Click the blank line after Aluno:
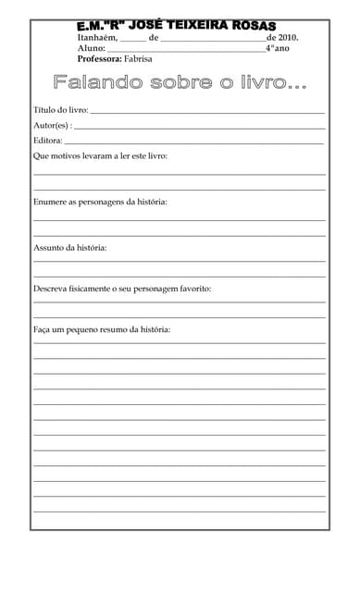pos(186,50)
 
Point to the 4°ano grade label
pos(277,48)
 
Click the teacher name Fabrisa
pos(137,58)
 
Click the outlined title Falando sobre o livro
pos(180,83)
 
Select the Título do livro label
pos(60,110)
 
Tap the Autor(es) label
pos(52,125)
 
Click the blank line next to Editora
pos(194,143)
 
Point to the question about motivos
pos(100,156)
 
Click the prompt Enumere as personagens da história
pos(100,202)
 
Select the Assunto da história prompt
pos(69,248)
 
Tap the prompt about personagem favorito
pos(122,290)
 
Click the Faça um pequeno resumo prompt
pos(102,329)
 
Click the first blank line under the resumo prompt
pos(180,343)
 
